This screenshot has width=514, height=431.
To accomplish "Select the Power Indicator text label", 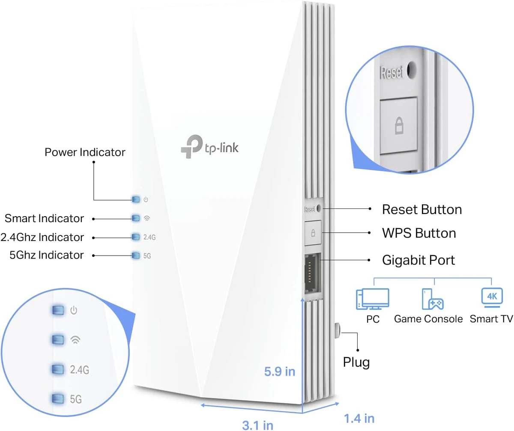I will (x=85, y=152).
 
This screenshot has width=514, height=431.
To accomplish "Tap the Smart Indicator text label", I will (x=44, y=219).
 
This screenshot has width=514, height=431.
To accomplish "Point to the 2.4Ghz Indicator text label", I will (x=42, y=237).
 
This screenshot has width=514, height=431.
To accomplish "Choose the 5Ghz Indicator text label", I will (x=46, y=256).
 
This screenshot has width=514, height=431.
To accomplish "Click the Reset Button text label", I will (x=421, y=210).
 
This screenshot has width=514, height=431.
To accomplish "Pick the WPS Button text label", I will (x=418, y=233).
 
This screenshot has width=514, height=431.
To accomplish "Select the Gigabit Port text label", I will (x=418, y=260).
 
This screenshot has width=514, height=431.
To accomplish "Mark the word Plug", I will (x=356, y=363).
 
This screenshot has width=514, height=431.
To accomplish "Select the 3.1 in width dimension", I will (x=257, y=425).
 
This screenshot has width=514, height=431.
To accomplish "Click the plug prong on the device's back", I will (x=337, y=330).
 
